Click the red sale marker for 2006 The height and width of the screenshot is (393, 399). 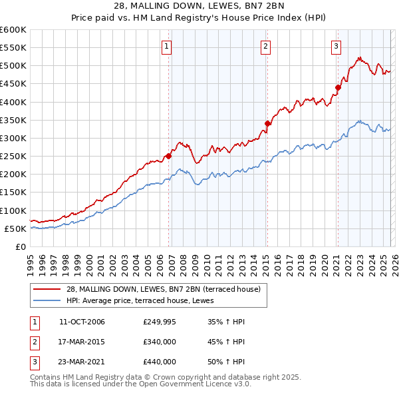168,157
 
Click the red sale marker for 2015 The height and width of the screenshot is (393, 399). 267,123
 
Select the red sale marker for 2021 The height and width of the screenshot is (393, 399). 338,87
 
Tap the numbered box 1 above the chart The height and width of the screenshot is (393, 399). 166,46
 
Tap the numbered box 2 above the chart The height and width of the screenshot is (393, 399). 265,46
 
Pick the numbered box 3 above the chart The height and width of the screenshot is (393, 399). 336,46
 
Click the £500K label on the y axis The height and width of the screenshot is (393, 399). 13,66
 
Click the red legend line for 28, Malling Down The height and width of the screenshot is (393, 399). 48,288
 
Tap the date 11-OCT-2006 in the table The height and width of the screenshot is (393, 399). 82,322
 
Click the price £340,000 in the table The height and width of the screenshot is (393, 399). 160,342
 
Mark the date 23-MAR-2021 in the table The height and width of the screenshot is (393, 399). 82,362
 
